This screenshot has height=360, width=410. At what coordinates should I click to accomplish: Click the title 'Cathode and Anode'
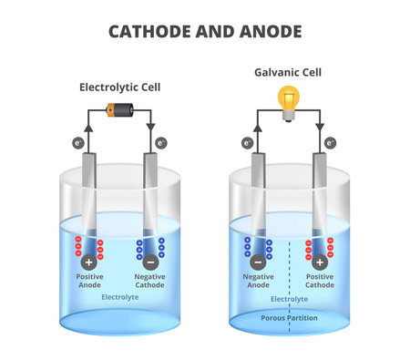coord(204,32)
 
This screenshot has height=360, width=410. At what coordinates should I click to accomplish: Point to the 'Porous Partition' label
coord(289,317)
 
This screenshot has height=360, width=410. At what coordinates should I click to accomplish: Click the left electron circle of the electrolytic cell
coord(76,143)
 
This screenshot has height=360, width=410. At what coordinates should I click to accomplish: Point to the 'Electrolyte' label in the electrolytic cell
coord(119,297)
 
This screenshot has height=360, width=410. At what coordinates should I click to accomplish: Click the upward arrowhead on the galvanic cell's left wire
coord(258,129)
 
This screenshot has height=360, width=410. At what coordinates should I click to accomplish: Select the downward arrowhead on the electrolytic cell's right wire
coord(149,129)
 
